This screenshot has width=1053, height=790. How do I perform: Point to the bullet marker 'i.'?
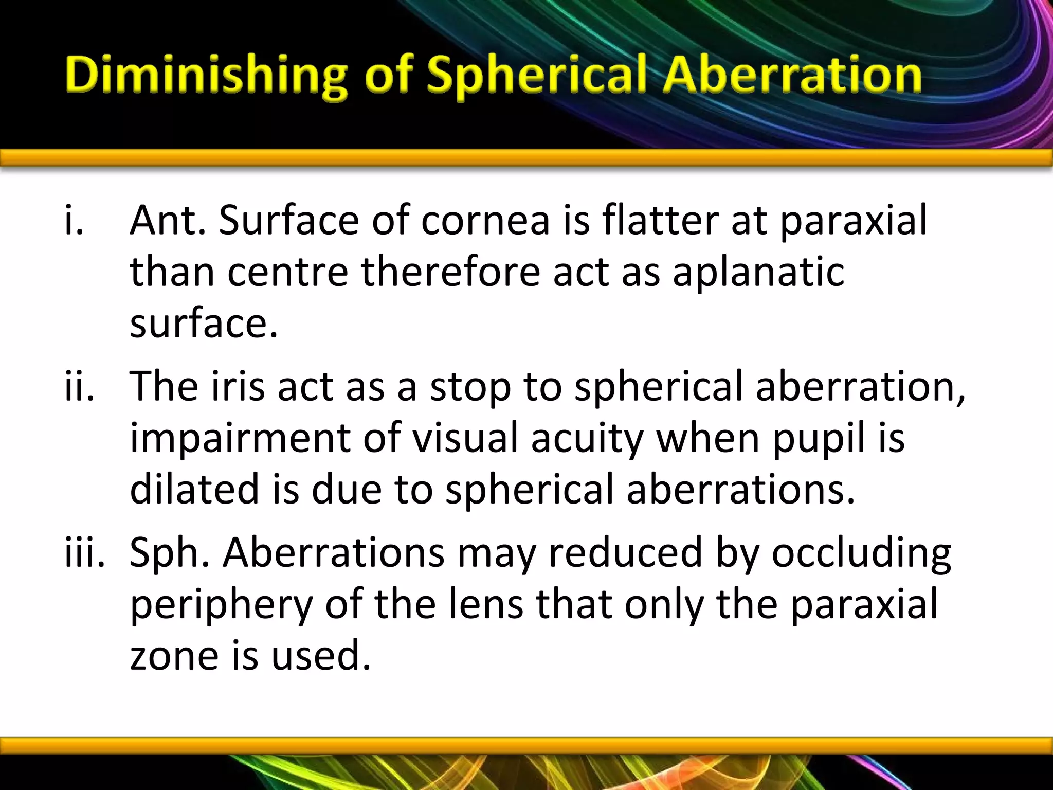(74, 220)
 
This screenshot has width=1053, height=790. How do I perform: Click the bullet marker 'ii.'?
(80, 386)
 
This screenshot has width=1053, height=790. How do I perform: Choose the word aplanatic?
(758, 273)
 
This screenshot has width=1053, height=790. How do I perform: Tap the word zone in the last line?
(174, 657)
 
